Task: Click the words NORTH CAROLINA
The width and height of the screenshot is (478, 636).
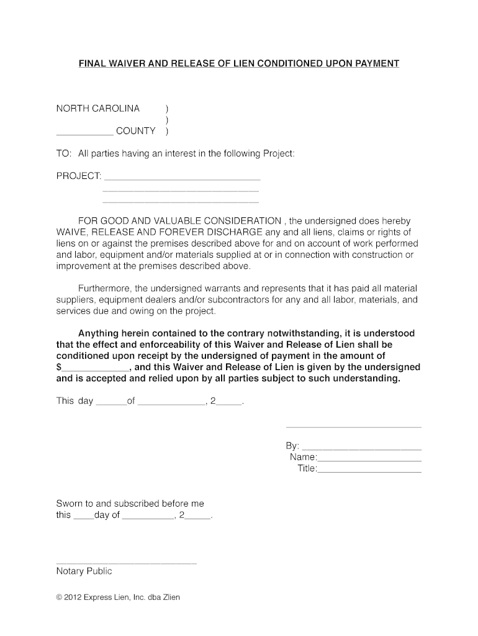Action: [x=98, y=109]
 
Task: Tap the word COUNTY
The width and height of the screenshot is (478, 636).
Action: [x=140, y=131]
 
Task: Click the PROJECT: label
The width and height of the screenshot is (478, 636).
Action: [x=79, y=176]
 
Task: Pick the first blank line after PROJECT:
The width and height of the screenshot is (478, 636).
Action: [x=181, y=178]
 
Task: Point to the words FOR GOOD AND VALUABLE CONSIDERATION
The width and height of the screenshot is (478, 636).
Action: [x=179, y=221]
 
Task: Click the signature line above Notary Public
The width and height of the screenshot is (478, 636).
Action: [x=126, y=563]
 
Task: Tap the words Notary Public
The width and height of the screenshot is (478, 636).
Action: [x=84, y=571]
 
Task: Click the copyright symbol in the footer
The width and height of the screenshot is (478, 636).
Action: [x=59, y=597]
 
